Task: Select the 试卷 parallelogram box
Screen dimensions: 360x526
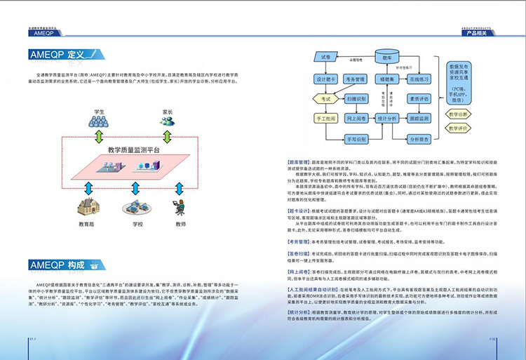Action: pyautogui.click(x=325, y=56)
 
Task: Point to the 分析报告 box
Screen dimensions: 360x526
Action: pyautogui.click(x=419, y=139)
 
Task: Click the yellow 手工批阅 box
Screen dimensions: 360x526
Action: pyautogui.click(x=325, y=119)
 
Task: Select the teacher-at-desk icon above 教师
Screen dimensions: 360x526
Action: pyautogui.click(x=180, y=208)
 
